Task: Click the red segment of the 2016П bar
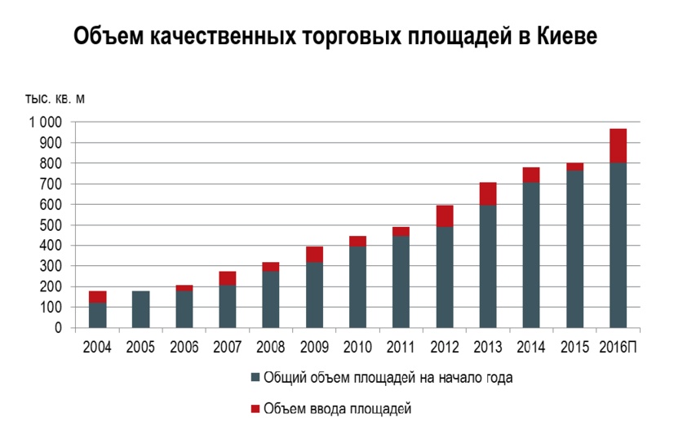tap(617, 146)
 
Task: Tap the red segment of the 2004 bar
tap(98, 297)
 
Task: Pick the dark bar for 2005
tap(141, 309)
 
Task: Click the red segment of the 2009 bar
tap(314, 255)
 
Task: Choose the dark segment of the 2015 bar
tap(574, 249)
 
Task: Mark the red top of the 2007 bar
tap(228, 278)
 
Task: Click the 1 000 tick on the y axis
tap(46, 122)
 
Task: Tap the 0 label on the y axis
tap(59, 328)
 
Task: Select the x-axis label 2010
tap(357, 347)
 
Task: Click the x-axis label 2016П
tap(618, 347)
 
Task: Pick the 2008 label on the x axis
tap(271, 347)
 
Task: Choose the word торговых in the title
tap(361, 37)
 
